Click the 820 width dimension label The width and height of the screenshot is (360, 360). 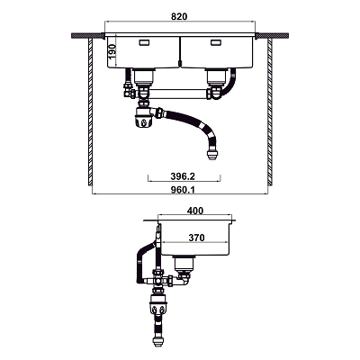pos(179,16)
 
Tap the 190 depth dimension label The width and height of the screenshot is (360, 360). pos(112,52)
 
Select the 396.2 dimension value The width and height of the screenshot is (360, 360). pos(183,176)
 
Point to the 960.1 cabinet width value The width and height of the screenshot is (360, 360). pos(183,190)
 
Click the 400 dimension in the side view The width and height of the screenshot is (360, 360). pos(195,211)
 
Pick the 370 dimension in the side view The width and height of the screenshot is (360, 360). pos(196,238)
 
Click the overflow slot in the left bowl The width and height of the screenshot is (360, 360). pos(144,43)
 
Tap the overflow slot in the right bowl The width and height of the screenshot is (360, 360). pos(216,43)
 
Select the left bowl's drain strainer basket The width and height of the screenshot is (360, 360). pos(144,76)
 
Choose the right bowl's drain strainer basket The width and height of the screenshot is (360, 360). pos(216,76)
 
